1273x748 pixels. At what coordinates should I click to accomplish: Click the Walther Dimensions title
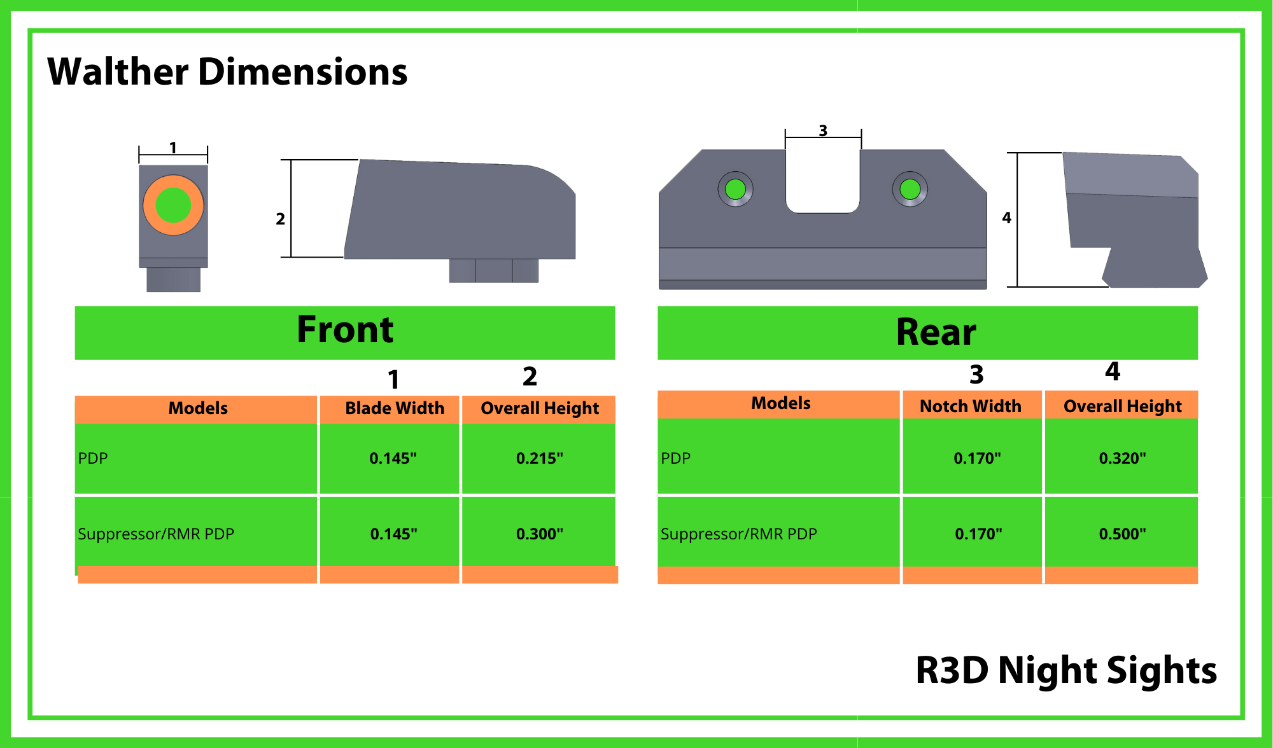[227, 71]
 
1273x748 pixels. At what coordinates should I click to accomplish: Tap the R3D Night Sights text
[1066, 670]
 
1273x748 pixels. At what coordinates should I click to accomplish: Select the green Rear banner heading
[936, 332]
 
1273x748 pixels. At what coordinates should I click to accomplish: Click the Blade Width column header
[395, 408]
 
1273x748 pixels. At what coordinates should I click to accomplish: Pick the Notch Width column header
[970, 406]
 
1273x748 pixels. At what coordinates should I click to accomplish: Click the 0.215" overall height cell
[539, 458]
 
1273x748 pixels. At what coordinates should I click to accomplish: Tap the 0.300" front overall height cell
[539, 534]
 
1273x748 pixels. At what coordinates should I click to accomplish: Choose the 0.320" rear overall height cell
[1122, 458]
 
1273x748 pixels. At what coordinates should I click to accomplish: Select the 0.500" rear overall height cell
[1122, 534]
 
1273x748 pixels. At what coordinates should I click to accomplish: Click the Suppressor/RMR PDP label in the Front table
[156, 534]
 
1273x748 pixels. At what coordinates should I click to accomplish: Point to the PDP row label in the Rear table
[675, 458]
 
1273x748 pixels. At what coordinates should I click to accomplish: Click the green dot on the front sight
[173, 205]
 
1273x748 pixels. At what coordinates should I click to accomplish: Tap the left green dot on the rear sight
[736, 189]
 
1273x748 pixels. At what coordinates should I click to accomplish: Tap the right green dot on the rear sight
[910, 189]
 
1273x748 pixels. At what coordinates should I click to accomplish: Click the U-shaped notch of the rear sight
[823, 181]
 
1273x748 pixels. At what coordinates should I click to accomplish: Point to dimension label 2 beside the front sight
[280, 219]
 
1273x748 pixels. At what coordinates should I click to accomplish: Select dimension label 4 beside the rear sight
[1006, 218]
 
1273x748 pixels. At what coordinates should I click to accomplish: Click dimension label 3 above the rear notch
[823, 130]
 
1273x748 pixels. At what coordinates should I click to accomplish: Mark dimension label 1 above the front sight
[173, 148]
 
